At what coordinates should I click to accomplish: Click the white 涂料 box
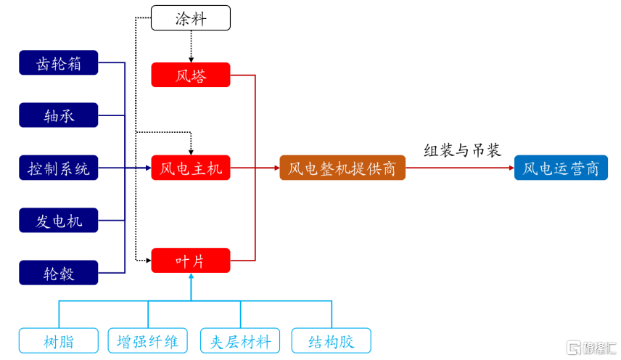[x=190, y=18]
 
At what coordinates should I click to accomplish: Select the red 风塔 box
[x=190, y=75]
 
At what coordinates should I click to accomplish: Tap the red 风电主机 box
[x=190, y=168]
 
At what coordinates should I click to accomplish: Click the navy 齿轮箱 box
[x=58, y=63]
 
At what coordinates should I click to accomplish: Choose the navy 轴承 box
[x=58, y=115]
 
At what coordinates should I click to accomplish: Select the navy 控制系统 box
[x=58, y=168]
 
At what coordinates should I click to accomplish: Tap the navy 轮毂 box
[x=58, y=273]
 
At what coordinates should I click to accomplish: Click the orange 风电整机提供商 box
[x=342, y=168]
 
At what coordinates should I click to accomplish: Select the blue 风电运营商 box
[x=561, y=168]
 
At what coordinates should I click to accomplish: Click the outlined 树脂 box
[x=58, y=341]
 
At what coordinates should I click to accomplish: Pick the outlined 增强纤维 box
[x=148, y=341]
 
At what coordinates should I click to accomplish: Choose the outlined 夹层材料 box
[x=240, y=341]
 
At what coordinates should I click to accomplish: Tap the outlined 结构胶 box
[x=331, y=341]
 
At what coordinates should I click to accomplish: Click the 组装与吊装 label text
[x=462, y=150]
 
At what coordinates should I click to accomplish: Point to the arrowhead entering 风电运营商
[x=511, y=168]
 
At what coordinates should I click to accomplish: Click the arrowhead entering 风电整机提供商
[x=276, y=168]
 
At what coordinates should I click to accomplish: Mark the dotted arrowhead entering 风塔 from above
[x=190, y=60]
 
